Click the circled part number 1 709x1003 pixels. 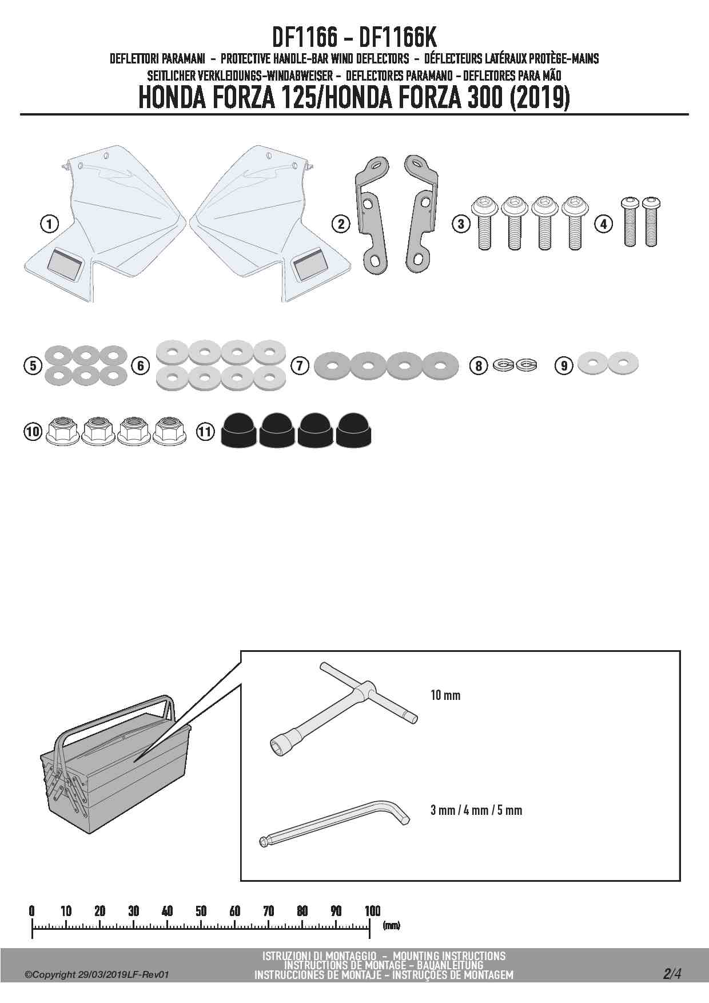coord(50,224)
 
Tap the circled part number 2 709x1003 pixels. coord(341,224)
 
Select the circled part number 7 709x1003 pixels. coord(300,365)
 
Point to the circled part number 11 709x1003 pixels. coord(205,431)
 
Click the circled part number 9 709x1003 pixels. coord(564,365)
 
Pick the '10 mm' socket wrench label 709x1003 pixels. coord(445,695)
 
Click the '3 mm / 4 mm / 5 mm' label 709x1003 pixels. coord(476,810)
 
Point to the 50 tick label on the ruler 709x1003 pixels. coord(201,911)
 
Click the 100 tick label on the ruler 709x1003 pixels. coord(372,911)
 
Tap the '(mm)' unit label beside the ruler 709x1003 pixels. coord(391,925)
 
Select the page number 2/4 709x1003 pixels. coord(672,973)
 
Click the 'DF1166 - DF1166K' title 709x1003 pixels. coord(354,39)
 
